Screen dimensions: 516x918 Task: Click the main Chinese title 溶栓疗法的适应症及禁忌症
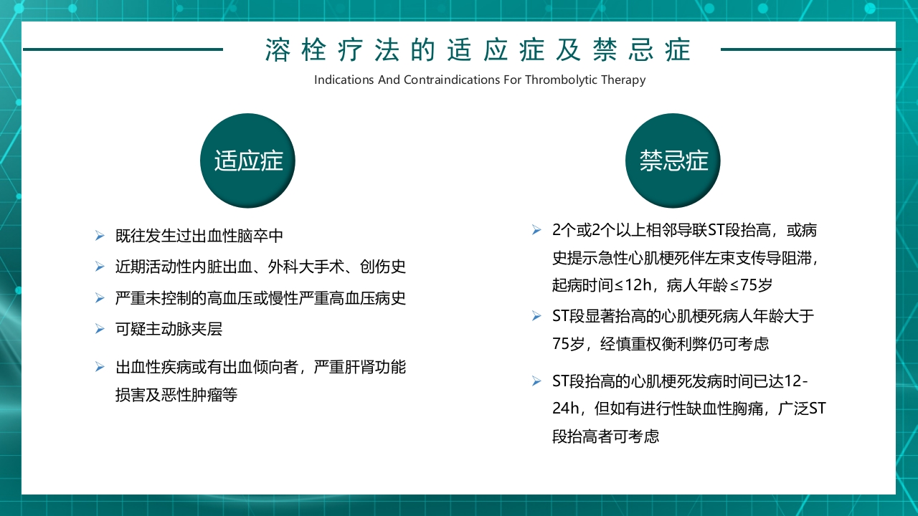tap(478, 50)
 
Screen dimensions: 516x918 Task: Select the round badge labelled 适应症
tap(248, 161)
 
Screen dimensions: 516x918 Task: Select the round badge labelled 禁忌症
tap(673, 161)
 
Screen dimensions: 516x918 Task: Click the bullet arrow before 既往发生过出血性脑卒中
tap(100, 235)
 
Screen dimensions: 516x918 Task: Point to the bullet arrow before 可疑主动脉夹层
tap(100, 329)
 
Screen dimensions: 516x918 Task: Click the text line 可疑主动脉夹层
tap(169, 329)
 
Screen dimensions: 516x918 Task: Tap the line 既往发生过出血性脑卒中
tap(199, 235)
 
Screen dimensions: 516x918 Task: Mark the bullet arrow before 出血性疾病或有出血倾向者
tap(100, 368)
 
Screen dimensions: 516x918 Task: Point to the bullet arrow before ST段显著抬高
tap(536, 315)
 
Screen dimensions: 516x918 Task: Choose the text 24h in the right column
tap(565, 408)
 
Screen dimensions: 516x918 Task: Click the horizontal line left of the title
tap(123, 49)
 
